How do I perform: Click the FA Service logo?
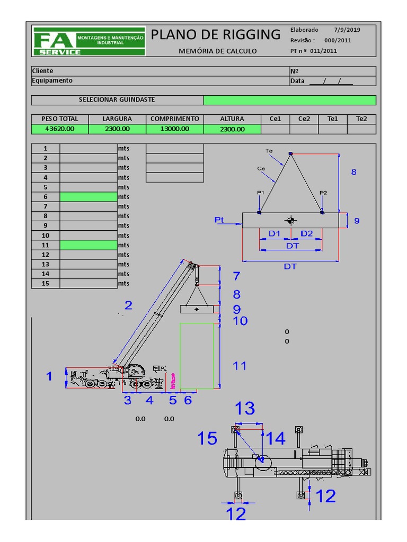point(89,41)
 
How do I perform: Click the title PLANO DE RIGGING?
point(216,35)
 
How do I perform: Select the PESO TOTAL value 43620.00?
point(60,129)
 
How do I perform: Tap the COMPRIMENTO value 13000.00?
point(175,129)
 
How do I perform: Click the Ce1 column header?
point(275,119)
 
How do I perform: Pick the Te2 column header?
point(361,119)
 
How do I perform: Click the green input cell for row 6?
point(88,197)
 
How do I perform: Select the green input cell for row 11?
point(88,245)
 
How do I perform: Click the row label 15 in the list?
point(46,284)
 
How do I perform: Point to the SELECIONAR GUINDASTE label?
point(117,100)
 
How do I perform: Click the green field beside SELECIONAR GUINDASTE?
point(289,100)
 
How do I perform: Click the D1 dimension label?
point(274,233)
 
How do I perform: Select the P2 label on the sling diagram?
point(323,193)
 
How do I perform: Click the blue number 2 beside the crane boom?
point(128,305)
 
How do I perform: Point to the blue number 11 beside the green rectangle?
point(240,366)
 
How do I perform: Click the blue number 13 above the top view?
point(245,408)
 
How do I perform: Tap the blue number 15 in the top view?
point(207,438)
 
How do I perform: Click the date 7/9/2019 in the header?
point(347,30)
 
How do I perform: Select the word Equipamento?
point(52,81)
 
